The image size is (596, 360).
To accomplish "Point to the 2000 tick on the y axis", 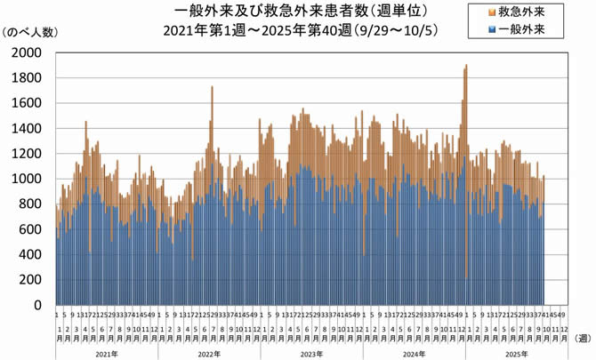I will coord(27,52).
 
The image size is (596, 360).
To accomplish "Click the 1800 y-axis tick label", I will coord(27,77).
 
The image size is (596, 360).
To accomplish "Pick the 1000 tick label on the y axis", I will coord(27,179).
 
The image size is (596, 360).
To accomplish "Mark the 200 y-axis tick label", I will coord(30,280).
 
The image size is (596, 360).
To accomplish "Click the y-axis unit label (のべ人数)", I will coord(31,33).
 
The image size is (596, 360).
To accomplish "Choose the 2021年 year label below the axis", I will coord(106,354).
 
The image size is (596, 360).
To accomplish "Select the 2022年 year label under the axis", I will coord(207,354).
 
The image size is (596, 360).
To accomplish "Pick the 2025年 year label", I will coord(516,354).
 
